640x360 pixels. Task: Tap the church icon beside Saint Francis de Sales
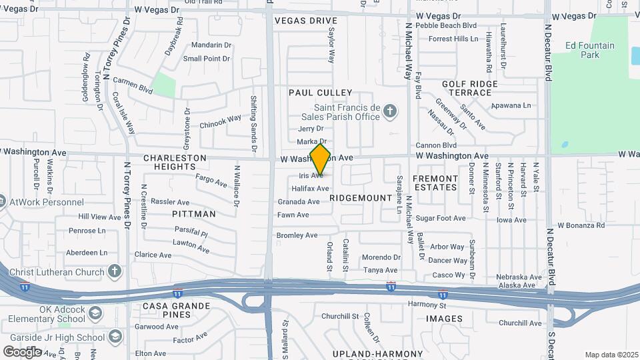point(391,110)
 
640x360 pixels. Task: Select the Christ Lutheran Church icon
point(115,271)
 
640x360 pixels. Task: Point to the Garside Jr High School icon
point(115,335)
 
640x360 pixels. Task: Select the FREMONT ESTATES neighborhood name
point(435,183)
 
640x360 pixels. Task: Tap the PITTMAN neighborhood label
point(194,214)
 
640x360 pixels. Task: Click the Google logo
point(22,351)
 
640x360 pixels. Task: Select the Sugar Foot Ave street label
point(440,218)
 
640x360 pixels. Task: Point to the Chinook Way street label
point(220,121)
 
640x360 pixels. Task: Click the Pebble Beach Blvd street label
point(446,25)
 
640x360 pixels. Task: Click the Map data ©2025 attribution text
point(611,355)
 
